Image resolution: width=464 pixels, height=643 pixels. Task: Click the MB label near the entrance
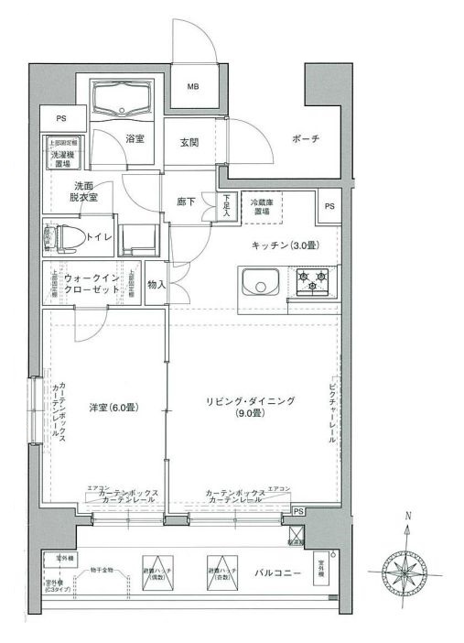point(193,88)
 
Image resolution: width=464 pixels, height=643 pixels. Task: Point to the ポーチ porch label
point(305,139)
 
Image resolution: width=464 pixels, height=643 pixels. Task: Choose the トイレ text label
point(99,237)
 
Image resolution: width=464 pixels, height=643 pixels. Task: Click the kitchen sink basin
point(262,287)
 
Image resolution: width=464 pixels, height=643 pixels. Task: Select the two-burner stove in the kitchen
point(313,281)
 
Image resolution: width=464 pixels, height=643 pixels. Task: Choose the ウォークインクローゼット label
point(91,282)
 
